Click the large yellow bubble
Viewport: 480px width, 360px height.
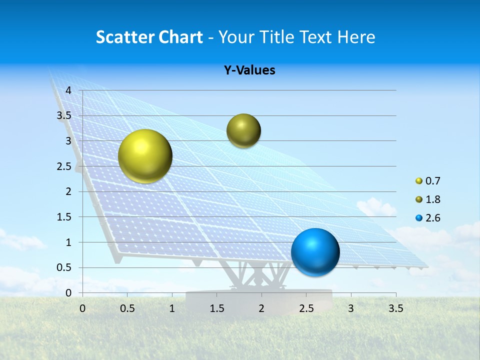click(145, 156)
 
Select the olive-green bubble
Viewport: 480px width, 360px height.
click(243, 130)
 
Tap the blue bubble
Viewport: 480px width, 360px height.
click(315, 252)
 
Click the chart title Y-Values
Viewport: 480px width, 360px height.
click(249, 70)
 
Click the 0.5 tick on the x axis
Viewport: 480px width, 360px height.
click(127, 308)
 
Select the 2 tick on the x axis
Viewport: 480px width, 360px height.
click(261, 308)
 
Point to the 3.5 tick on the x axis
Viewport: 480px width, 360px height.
click(396, 308)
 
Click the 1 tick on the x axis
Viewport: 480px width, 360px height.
click(172, 308)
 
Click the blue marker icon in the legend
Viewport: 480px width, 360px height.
click(419, 218)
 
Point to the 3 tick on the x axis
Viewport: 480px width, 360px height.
click(351, 308)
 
